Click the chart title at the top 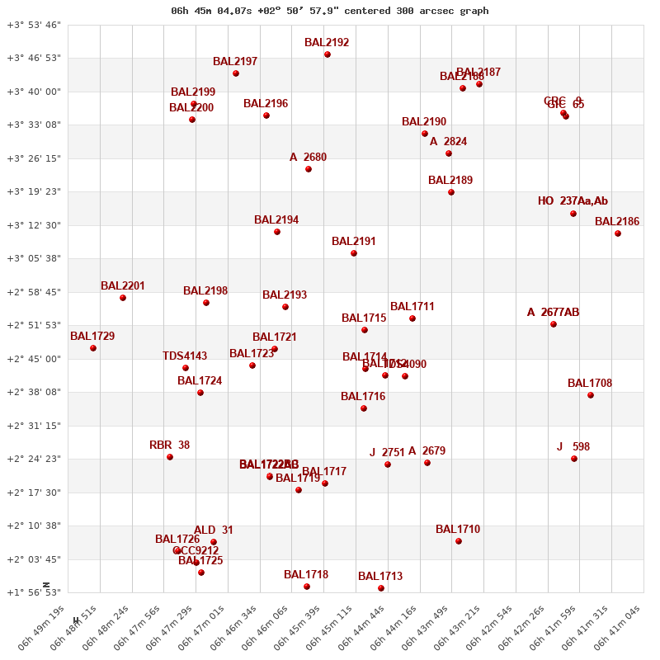pyautogui.click(x=329, y=11)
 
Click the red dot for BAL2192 pyautogui.click(x=328, y=54)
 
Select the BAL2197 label pyautogui.click(x=235, y=62)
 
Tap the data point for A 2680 pyautogui.click(x=309, y=169)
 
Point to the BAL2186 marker pyautogui.click(x=618, y=233)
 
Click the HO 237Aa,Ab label pyautogui.click(x=573, y=201)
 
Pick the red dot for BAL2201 pyautogui.click(x=123, y=298)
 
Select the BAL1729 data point pyautogui.click(x=93, y=348)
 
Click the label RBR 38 pyautogui.click(x=169, y=445)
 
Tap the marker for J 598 pyautogui.click(x=574, y=459)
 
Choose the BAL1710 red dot pyautogui.click(x=459, y=541)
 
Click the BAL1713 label pyautogui.click(x=380, y=577)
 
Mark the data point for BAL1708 pyautogui.click(x=591, y=395)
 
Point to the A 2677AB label pyautogui.click(x=553, y=313)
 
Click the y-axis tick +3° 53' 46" pyautogui.click(x=34, y=25)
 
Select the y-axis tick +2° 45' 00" pyautogui.click(x=34, y=359)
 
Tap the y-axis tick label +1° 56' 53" pyautogui.click(x=34, y=592)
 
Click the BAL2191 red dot pyautogui.click(x=354, y=253)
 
